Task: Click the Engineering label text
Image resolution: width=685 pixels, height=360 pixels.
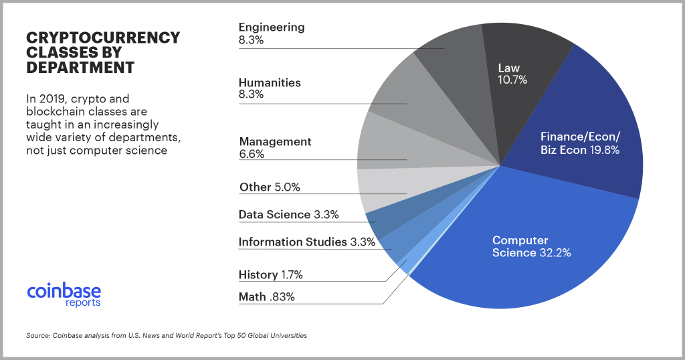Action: (x=272, y=27)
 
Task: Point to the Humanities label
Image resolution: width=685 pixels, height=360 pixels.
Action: (x=270, y=83)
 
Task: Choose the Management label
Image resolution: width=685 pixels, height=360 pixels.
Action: (x=275, y=142)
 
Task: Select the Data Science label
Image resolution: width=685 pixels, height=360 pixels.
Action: (x=274, y=215)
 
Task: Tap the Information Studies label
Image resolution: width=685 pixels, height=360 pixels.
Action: (x=292, y=242)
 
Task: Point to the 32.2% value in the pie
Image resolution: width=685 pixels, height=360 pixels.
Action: (x=557, y=253)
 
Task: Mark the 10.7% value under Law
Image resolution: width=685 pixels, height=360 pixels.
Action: (x=512, y=80)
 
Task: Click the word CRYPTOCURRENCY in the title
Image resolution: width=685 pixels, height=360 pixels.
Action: (x=102, y=37)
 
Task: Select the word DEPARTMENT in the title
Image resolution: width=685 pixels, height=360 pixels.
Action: (x=80, y=68)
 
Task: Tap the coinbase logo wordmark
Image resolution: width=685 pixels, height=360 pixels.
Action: (x=64, y=291)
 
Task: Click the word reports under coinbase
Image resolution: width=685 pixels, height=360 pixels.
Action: (x=83, y=303)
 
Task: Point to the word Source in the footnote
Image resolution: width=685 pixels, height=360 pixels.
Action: (x=38, y=335)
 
